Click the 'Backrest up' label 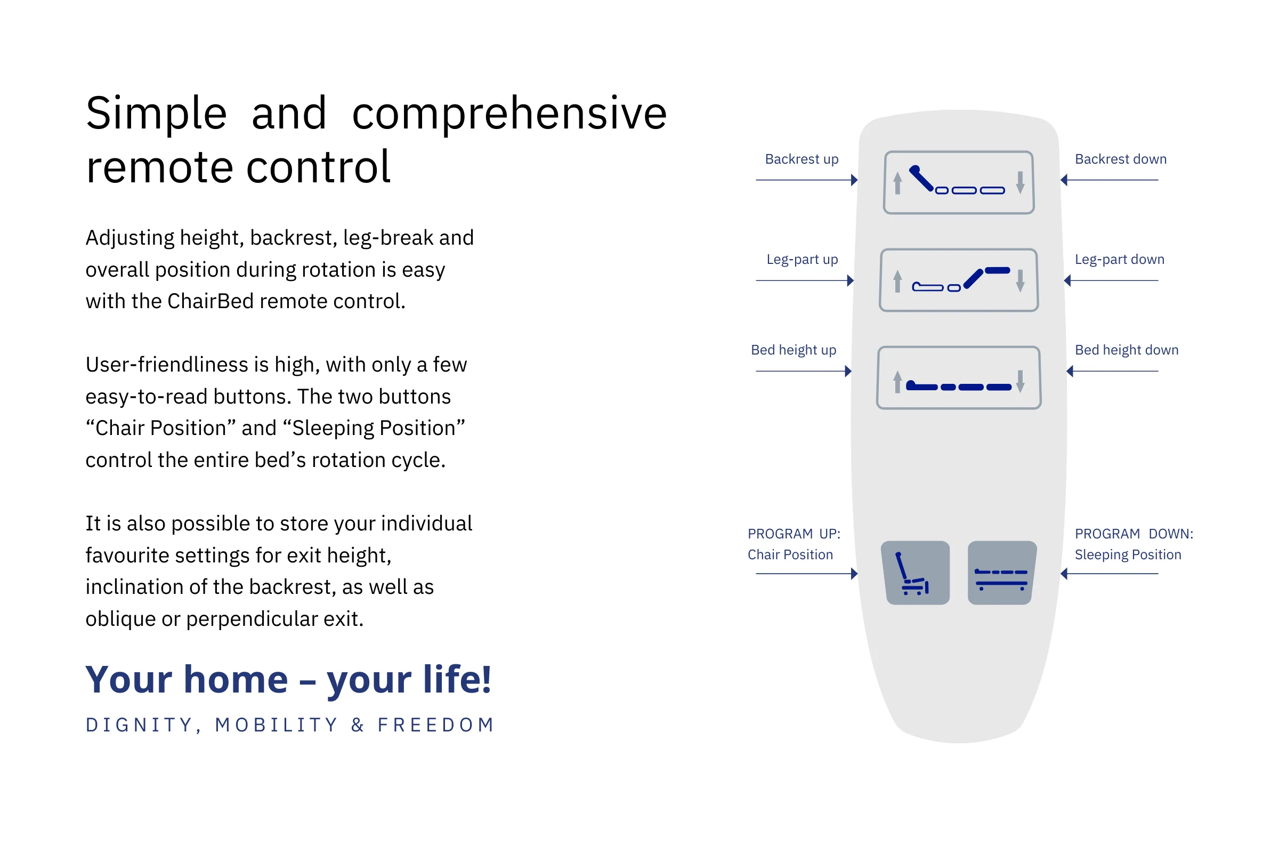pyautogui.click(x=802, y=159)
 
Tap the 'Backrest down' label pyautogui.click(x=1121, y=159)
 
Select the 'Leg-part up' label pyautogui.click(x=802, y=260)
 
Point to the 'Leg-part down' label pyautogui.click(x=1120, y=260)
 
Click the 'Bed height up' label pyautogui.click(x=794, y=350)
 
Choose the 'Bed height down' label pyautogui.click(x=1127, y=350)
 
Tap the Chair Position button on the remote pyautogui.click(x=915, y=573)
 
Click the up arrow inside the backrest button pyautogui.click(x=898, y=183)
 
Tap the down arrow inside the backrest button pyautogui.click(x=1020, y=183)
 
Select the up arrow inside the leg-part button pyautogui.click(x=898, y=281)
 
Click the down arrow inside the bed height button pyautogui.click(x=1020, y=381)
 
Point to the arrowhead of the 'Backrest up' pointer pyautogui.click(x=855, y=180)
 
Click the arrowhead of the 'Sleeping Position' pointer pyautogui.click(x=1064, y=574)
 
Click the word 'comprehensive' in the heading pyautogui.click(x=509, y=114)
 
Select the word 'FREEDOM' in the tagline pyautogui.click(x=435, y=725)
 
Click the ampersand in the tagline pyautogui.click(x=358, y=725)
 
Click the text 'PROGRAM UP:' pyautogui.click(x=794, y=534)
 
